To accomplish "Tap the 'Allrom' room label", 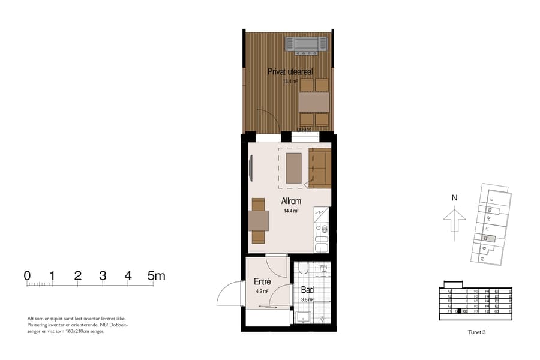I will [x=291, y=202].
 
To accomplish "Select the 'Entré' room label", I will [x=262, y=281].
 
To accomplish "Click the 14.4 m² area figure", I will [x=291, y=211].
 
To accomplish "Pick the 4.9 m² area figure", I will [x=262, y=291].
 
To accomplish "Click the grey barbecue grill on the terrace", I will [x=306, y=44].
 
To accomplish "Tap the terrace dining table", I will [x=314, y=103].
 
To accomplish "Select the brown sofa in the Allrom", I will [x=320, y=169].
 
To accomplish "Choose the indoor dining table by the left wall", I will [x=259, y=221].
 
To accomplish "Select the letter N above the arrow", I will [x=454, y=197].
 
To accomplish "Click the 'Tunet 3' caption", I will [x=476, y=332].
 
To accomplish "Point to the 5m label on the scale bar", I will [x=156, y=276].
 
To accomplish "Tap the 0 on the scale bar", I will [x=27, y=276].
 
